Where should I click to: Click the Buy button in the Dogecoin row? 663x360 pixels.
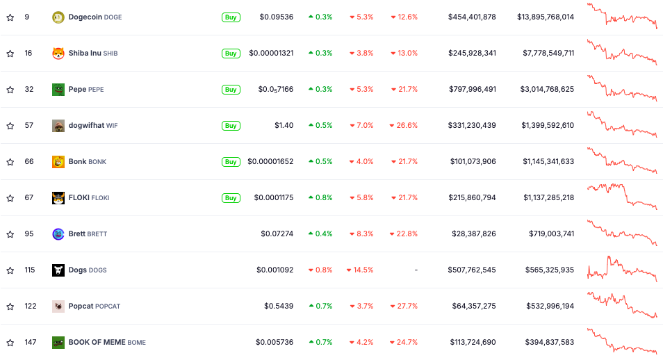(231, 17)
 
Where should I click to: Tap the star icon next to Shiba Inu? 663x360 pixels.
(10, 54)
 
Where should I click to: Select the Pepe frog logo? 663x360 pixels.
(58, 90)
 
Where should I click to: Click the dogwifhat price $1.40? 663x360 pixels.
(284, 126)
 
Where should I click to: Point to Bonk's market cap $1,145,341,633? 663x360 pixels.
(548, 162)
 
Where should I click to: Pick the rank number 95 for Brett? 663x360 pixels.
(28, 234)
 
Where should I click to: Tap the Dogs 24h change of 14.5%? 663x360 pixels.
(361, 270)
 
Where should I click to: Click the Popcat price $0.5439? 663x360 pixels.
(279, 306)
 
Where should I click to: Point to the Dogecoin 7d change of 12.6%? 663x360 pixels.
(404, 17)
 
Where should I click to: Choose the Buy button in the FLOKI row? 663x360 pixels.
(231, 198)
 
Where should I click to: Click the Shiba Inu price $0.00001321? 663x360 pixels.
(271, 54)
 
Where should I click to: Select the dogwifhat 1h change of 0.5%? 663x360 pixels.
(320, 126)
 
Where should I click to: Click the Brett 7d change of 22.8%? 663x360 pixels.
(404, 234)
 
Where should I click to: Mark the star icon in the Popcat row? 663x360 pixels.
(10, 306)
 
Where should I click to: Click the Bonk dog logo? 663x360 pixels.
(58, 162)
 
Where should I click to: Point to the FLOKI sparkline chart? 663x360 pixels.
(622, 196)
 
